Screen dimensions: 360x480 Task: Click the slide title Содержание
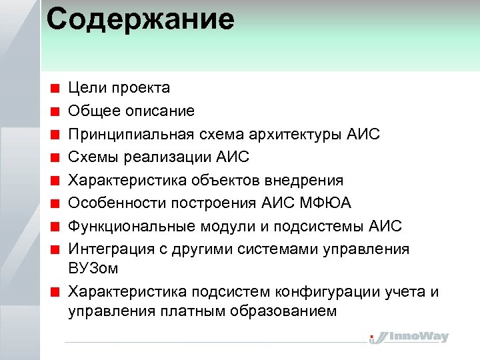tap(141, 20)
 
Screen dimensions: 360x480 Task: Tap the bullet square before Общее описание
tap(59, 111)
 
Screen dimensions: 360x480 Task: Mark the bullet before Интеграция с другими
tap(59, 249)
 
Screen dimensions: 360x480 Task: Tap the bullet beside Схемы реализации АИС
tap(59, 157)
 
